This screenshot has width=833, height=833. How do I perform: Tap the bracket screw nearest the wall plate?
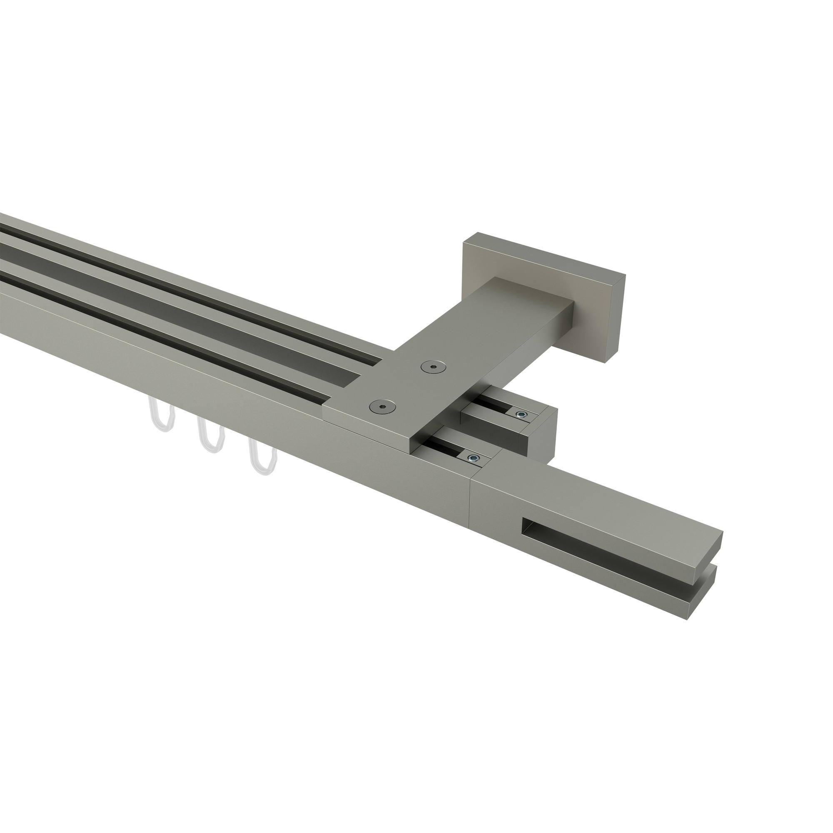point(434,366)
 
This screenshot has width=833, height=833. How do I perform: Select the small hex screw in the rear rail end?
point(522,415)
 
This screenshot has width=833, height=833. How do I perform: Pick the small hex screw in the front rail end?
point(474,458)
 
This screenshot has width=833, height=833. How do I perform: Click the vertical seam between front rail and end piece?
point(471,509)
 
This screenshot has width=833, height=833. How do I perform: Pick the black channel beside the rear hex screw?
point(496,405)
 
